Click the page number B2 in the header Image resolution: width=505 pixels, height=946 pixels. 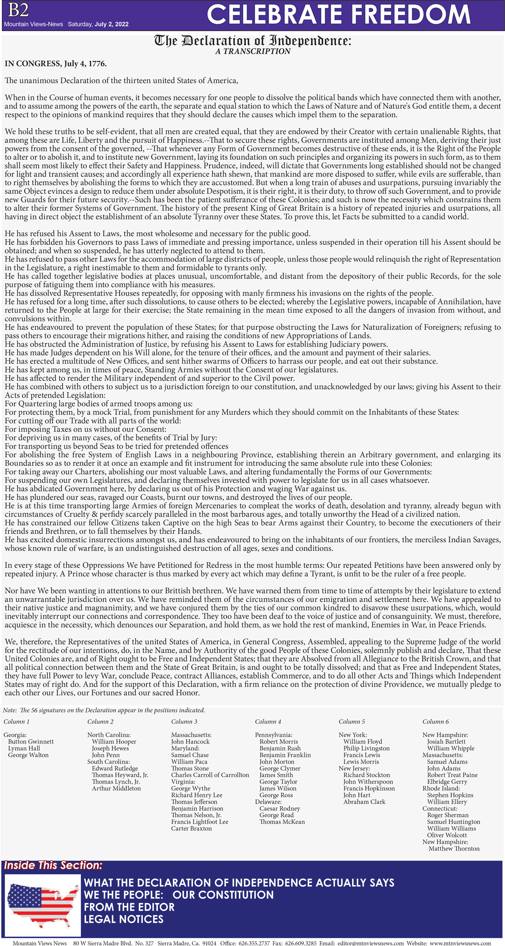18,10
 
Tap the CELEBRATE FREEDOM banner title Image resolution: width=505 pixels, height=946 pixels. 338,15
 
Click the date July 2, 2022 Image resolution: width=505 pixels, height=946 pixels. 111,24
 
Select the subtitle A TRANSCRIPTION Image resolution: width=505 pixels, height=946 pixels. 253,51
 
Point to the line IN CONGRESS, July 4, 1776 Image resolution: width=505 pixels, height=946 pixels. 56,63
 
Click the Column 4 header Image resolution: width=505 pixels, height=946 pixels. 268,721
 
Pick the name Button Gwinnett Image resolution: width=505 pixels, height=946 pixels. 31,742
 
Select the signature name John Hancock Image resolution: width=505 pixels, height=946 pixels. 190,742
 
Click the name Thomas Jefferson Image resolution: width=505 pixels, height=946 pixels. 194,802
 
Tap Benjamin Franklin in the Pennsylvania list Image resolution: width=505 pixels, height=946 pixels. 285,755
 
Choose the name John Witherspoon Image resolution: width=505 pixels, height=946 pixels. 368,781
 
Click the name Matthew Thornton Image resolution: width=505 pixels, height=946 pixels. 454,848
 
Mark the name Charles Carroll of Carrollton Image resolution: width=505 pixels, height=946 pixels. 210,775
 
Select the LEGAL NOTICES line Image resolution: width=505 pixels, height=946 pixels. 123,919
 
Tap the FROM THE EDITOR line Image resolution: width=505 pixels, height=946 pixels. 129,907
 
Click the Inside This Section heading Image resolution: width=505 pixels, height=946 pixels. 53,865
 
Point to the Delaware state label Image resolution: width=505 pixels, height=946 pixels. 268,802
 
